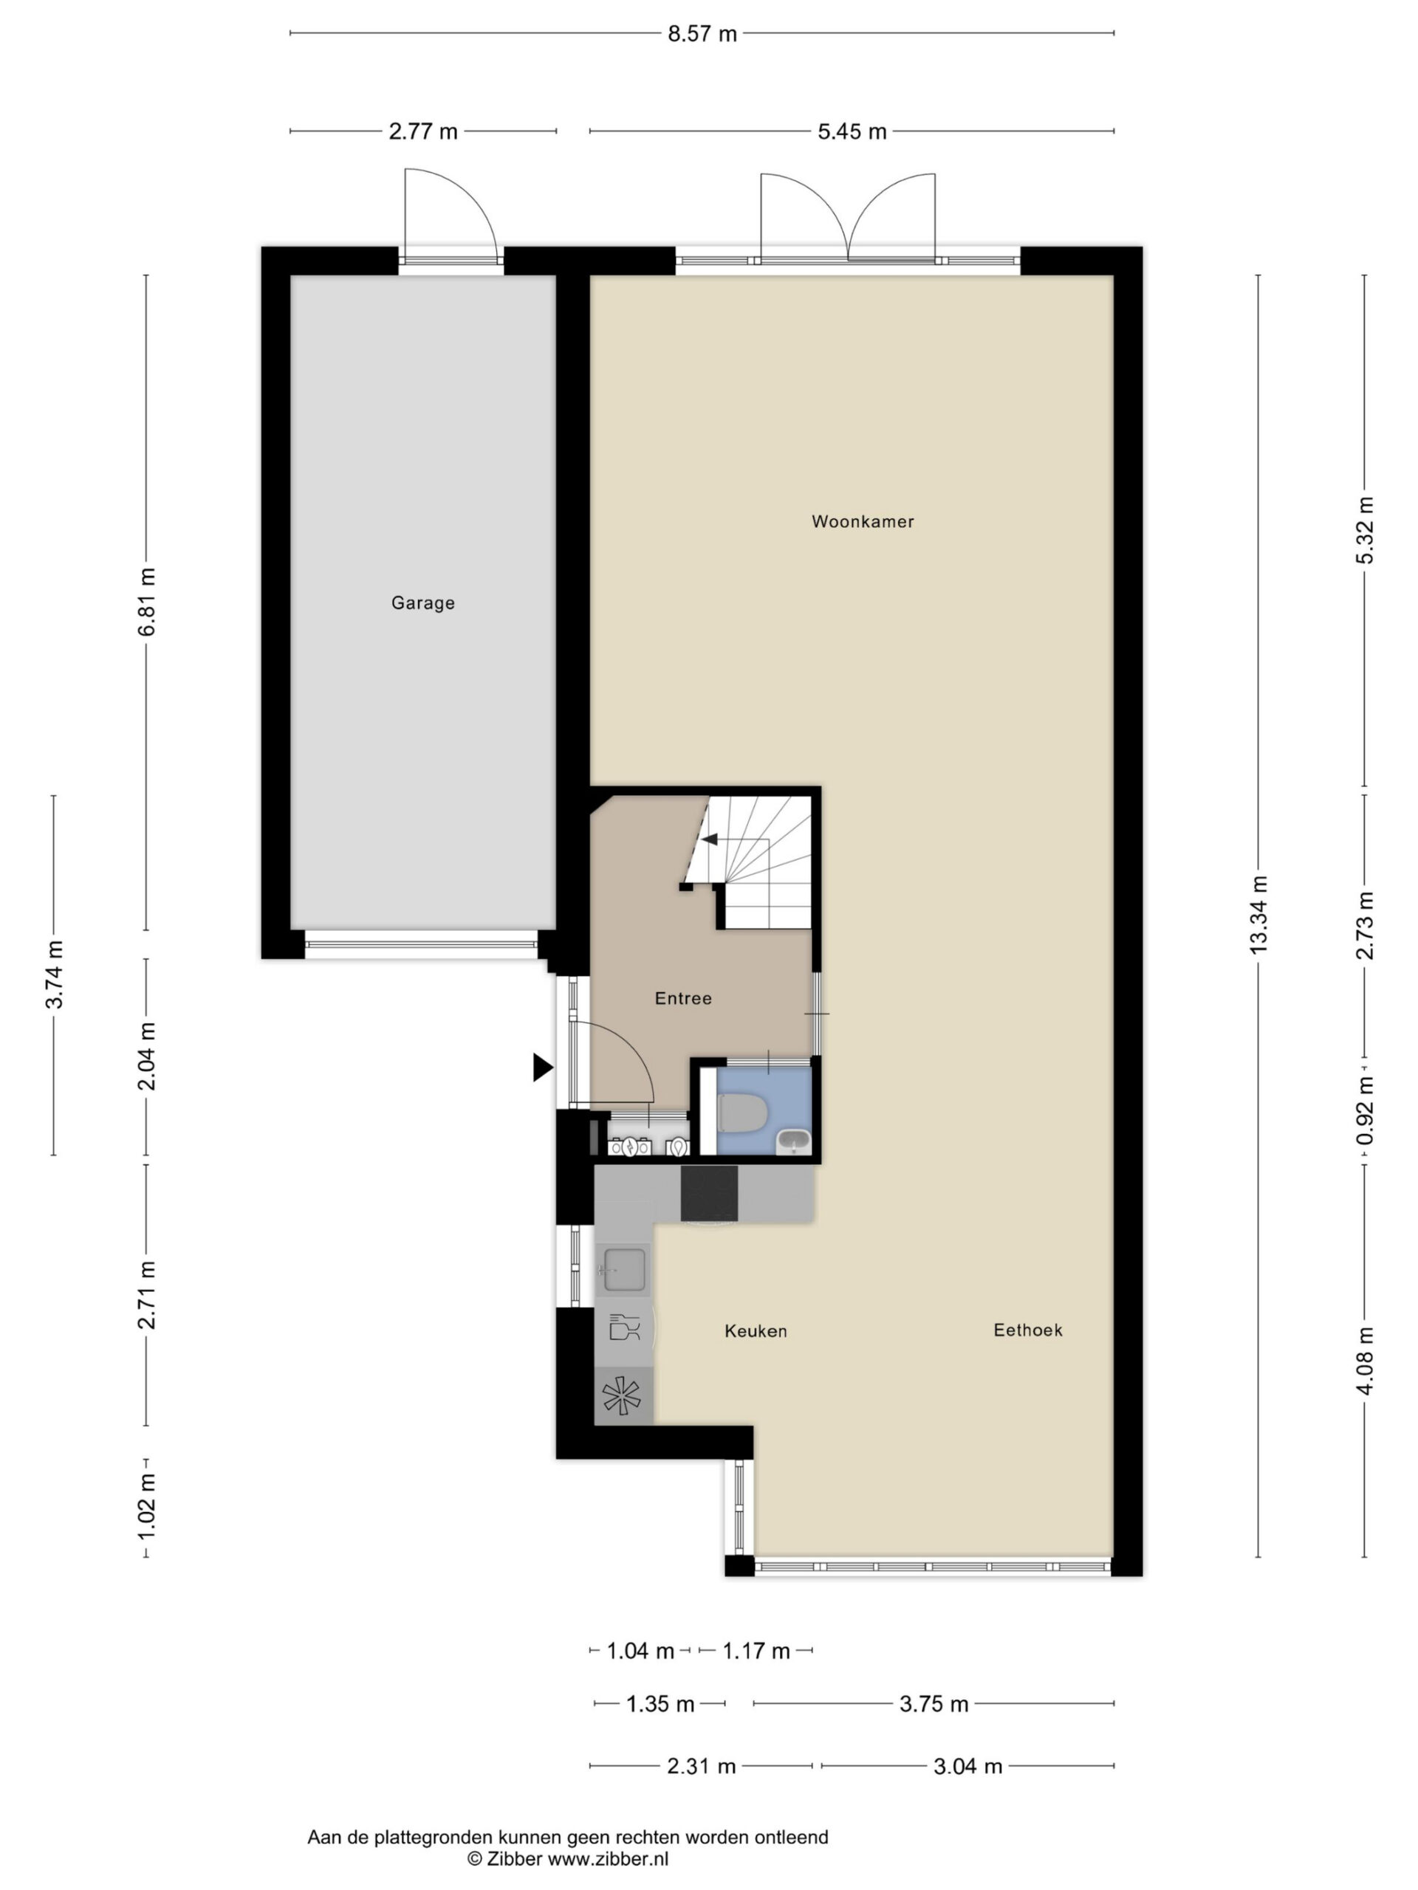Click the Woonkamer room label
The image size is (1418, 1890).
click(x=863, y=521)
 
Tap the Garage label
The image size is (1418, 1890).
click(x=423, y=603)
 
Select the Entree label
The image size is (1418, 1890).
click(x=683, y=998)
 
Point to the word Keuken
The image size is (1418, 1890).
click(x=756, y=1330)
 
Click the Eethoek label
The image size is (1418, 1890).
click(x=1027, y=1330)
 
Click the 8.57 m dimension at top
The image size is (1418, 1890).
click(x=702, y=34)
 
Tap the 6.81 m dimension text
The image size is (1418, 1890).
click(x=147, y=602)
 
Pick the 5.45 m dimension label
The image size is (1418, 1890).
click(x=852, y=131)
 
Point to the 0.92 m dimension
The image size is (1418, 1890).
click(x=1365, y=1111)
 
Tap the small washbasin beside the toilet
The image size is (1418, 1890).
click(x=794, y=1141)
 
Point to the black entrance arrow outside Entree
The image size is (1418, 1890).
click(x=543, y=1067)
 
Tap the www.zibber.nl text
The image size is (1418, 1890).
click(x=608, y=1858)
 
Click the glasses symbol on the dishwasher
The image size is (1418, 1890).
click(x=624, y=1327)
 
